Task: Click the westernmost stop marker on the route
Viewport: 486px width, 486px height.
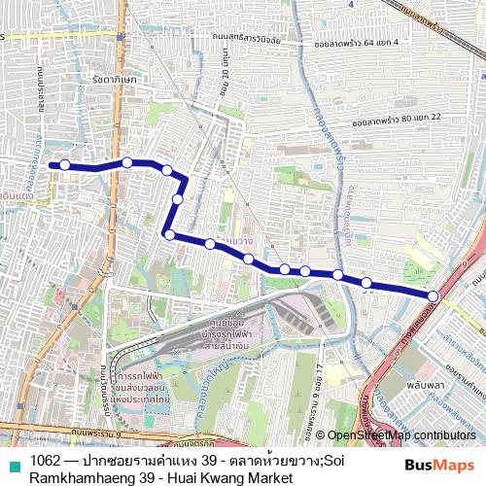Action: (65, 165)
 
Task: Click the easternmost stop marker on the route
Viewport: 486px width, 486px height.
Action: (433, 295)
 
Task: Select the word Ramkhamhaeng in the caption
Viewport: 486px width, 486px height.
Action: (87, 478)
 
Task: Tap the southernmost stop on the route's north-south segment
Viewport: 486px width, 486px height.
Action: (169, 234)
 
